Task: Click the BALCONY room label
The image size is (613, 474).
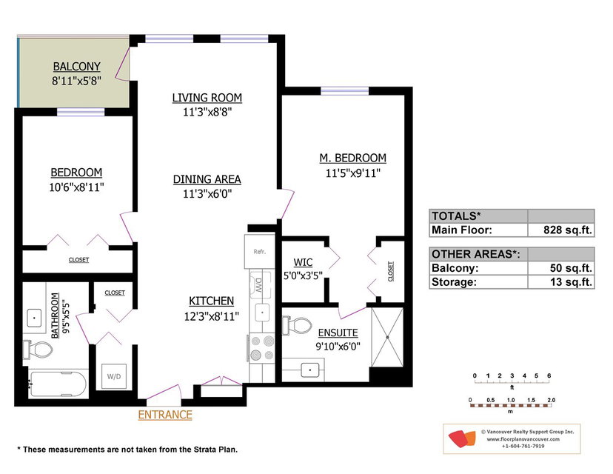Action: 77,67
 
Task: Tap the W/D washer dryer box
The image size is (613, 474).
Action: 114,376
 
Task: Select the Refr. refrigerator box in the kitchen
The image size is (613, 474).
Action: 260,252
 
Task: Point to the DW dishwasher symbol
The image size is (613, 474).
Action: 258,284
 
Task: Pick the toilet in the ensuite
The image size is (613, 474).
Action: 297,325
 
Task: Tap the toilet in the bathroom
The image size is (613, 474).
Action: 38,350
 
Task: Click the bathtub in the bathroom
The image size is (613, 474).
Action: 58,384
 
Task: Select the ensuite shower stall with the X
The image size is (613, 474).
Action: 387,337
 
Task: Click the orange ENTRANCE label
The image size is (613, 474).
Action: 165,415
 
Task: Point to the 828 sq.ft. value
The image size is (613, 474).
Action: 568,230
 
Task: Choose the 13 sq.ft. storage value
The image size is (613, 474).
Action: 571,281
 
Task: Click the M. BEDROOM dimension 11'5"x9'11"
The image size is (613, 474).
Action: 353,173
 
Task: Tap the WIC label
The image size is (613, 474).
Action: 303,262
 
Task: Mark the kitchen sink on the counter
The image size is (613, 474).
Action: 262,313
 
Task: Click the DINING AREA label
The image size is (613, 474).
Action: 207,179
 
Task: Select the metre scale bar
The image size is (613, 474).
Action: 511,406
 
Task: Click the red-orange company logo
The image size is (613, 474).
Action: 462,438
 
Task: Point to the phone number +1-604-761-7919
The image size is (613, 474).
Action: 523,446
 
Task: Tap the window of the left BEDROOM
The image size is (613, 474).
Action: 81,113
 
